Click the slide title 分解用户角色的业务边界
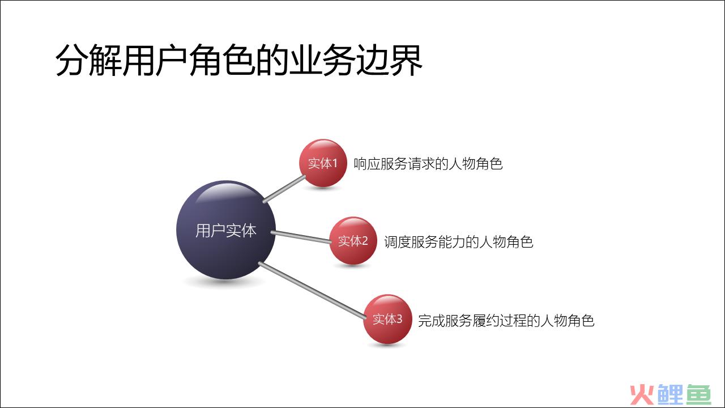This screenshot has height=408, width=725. (x=239, y=60)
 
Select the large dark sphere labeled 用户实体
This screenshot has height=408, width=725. (x=226, y=230)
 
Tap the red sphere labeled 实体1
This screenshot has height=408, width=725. (x=323, y=163)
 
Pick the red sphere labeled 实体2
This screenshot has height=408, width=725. (x=353, y=241)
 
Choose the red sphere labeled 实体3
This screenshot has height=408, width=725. (x=387, y=319)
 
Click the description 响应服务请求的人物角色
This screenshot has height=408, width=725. (x=428, y=164)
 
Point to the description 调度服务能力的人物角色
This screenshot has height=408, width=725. (x=458, y=242)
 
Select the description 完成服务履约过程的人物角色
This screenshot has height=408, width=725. (x=506, y=321)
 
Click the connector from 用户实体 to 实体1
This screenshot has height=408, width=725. (x=284, y=189)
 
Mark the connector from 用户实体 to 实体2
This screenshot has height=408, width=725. (x=301, y=237)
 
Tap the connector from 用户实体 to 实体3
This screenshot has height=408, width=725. (x=312, y=290)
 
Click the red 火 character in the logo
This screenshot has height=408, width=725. (x=642, y=395)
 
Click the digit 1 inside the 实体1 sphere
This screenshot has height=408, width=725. (x=335, y=163)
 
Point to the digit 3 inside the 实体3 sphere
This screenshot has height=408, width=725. (x=399, y=319)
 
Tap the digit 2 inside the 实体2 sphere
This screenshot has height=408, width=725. (x=365, y=241)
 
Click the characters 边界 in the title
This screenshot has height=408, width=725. (x=389, y=60)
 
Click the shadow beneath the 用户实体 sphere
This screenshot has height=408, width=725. (x=224, y=282)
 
